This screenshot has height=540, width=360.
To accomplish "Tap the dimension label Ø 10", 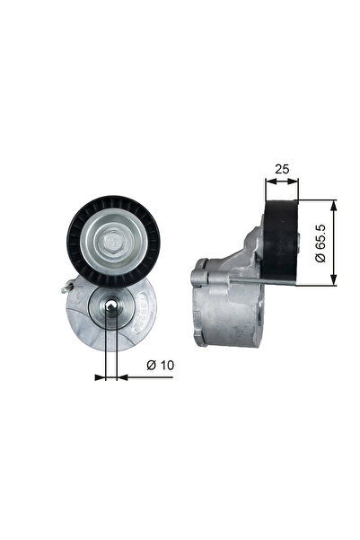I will [159, 365].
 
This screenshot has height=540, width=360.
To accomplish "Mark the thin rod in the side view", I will [260, 283].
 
